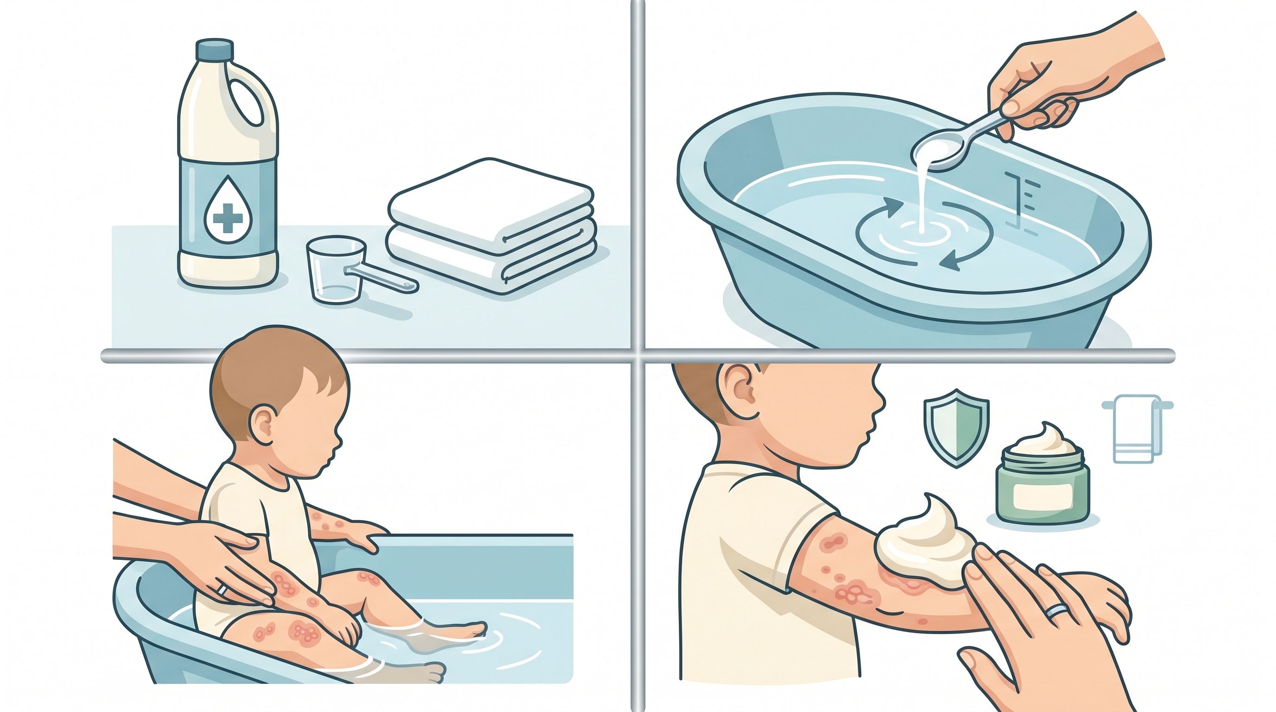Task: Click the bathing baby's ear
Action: click(x=263, y=426)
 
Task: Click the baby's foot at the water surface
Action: click(x=466, y=629)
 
